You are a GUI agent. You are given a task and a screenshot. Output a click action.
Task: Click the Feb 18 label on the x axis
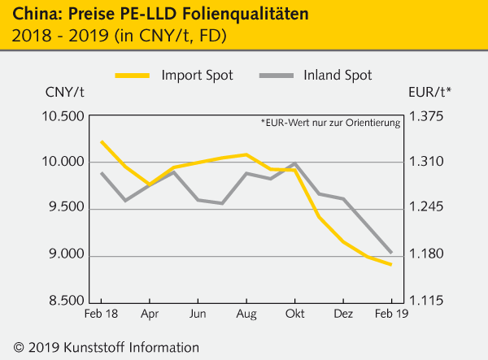[x=102, y=313]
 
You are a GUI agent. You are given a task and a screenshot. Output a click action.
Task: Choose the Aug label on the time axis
[x=246, y=313]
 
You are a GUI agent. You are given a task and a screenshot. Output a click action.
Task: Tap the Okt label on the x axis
[x=294, y=313]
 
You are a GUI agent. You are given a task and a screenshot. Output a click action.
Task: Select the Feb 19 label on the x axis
[x=390, y=313]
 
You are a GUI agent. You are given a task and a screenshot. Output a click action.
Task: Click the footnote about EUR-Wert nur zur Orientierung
[x=330, y=124]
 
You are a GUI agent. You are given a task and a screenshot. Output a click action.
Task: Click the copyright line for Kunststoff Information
[x=101, y=346]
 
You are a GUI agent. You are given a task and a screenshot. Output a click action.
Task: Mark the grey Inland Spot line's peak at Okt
[x=294, y=164]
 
